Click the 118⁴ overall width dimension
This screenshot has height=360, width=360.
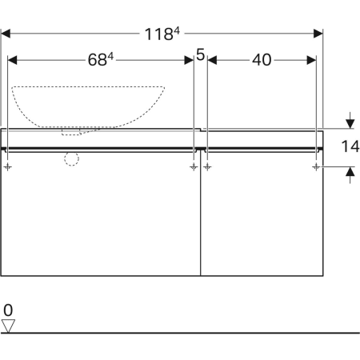coord(162,34)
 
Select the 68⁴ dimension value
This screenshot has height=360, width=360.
coord(101,59)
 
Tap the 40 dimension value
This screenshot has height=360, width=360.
coord(262,60)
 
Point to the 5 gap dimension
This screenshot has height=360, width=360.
coord(200,54)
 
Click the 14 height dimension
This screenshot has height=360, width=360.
coord(350,146)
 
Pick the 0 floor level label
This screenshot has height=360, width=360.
coord(8,310)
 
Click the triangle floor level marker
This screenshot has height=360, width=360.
coord(8,326)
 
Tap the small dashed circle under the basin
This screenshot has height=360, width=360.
coord(71,159)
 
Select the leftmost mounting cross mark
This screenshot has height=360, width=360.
coord(8,167)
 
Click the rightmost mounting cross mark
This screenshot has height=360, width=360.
coord(316,167)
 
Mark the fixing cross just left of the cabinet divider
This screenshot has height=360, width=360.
coord(194,167)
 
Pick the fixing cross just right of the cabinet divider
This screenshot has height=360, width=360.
coord(207,167)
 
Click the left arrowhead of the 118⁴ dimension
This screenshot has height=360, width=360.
coord(6,34)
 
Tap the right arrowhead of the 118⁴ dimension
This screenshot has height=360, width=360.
coord(318,34)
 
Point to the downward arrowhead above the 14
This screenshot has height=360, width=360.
coord(350,124)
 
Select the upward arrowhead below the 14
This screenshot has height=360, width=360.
coord(350,171)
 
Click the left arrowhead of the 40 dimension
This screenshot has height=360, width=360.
coord(212,60)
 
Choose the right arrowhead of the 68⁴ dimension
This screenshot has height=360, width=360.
coord(189,60)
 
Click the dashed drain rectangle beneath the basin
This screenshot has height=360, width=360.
coord(71,132)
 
